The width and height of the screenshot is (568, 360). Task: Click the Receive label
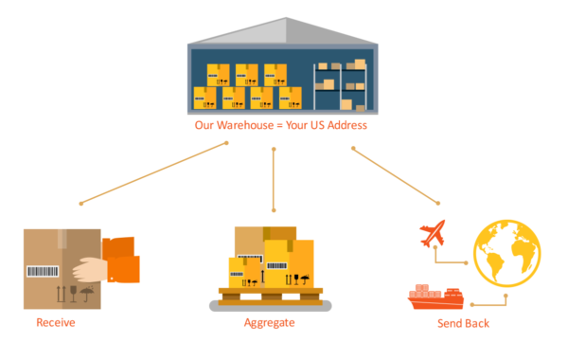pos(55,323)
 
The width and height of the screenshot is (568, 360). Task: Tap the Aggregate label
pos(269,323)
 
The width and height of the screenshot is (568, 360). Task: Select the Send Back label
pos(464,323)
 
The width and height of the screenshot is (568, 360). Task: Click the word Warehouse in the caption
pos(249,125)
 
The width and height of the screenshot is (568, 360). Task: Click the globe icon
pos(506,253)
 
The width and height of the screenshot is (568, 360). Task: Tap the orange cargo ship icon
pos(435,297)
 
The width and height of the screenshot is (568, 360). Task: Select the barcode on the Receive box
pos(42,272)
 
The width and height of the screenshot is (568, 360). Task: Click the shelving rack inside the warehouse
pos(340,85)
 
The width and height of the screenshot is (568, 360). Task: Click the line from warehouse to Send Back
pos(395,175)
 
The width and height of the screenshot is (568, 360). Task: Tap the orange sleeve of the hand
pos(123,261)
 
